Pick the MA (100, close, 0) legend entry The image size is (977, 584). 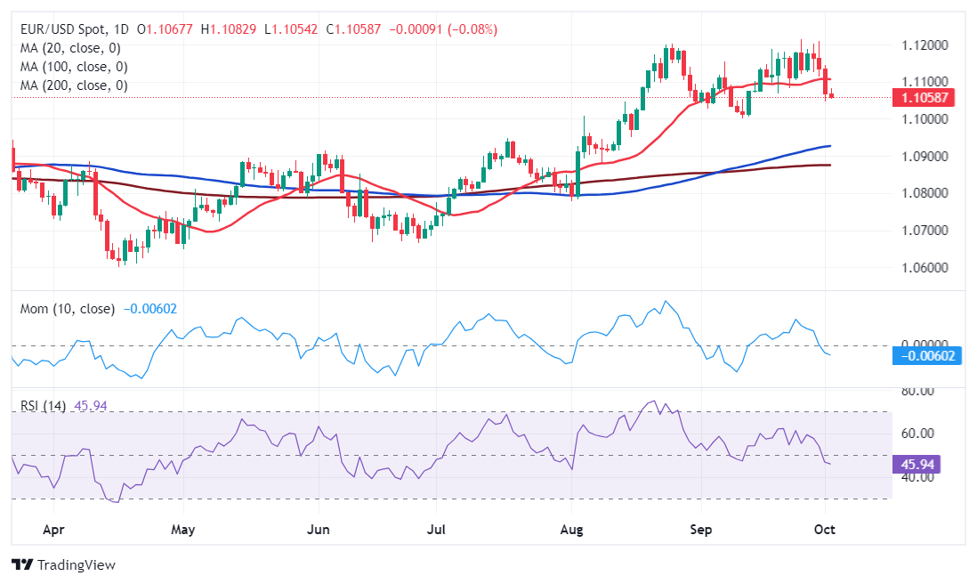(72, 67)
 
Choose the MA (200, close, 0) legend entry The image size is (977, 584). (72, 85)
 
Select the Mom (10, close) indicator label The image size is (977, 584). (68, 309)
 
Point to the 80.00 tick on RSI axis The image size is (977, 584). (916, 391)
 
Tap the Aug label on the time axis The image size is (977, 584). (572, 531)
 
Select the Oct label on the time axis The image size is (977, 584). (825, 531)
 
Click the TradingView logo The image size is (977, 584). (64, 565)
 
